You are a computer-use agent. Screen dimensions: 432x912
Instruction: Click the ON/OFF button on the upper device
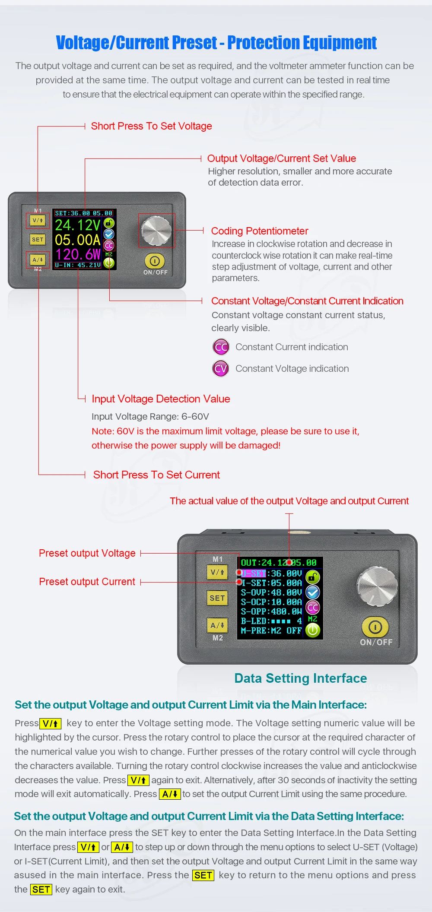point(155,261)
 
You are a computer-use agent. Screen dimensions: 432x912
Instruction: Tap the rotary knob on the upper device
point(156,230)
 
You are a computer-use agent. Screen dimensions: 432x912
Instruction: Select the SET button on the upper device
point(38,239)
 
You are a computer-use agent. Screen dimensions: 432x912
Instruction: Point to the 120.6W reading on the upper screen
point(78,254)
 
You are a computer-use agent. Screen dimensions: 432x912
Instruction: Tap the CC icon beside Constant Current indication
point(221,347)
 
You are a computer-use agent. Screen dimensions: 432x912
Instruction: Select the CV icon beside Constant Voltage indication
point(221,368)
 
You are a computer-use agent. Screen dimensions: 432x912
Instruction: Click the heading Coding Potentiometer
point(260,231)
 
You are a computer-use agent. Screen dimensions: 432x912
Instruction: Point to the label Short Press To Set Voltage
point(152,126)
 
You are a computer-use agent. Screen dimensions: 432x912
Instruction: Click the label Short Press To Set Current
point(156,475)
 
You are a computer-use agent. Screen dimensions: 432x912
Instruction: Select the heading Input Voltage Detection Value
point(161,399)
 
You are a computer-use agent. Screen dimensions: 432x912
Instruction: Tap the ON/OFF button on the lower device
point(375,627)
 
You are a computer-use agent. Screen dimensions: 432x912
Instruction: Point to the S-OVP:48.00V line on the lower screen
point(271,592)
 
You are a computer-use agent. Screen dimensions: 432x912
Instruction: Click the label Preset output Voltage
point(87,553)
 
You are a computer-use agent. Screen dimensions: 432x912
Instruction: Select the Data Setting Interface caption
point(301,678)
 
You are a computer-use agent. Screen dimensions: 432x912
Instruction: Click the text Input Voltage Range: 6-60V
point(150,417)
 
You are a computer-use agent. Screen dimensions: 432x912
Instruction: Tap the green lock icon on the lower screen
point(313,577)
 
